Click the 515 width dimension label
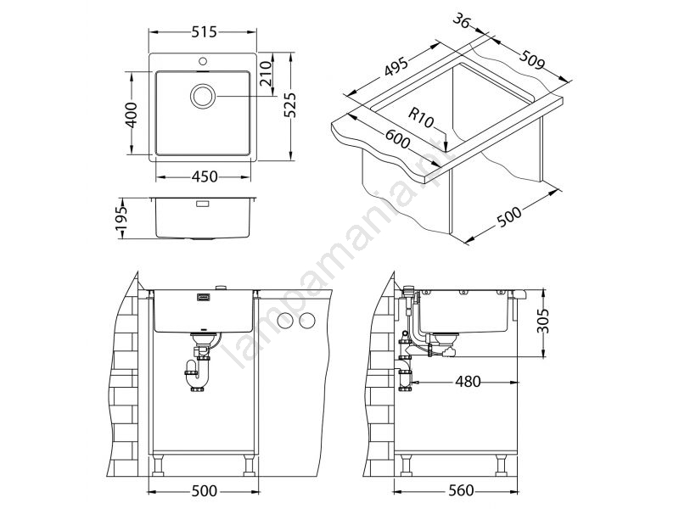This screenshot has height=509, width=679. [x=203, y=32]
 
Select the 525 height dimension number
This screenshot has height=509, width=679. [x=289, y=105]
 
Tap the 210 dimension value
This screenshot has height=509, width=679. [x=267, y=73]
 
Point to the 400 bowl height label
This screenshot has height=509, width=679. [x=132, y=115]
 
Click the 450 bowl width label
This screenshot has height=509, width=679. [x=204, y=176]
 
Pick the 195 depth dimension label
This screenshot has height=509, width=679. [x=121, y=218]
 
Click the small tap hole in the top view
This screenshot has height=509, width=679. [x=203, y=60]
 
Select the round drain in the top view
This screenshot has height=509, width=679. [x=202, y=96]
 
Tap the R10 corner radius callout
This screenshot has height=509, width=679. [x=420, y=118]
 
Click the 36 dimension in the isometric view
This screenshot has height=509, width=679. [x=462, y=20]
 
